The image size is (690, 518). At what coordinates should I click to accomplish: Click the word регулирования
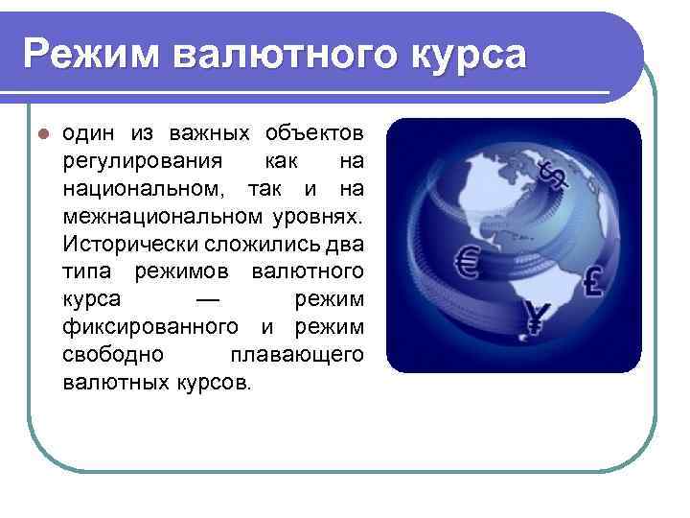[x=143, y=156]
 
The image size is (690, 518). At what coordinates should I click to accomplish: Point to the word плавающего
[x=297, y=355]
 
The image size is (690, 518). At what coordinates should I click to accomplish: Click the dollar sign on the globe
[x=553, y=177]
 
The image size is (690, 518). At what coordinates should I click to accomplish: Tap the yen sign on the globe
[x=534, y=317]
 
